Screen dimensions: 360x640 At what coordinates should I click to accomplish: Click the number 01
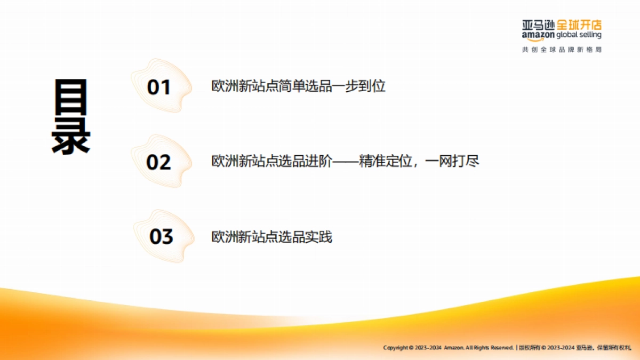(158, 87)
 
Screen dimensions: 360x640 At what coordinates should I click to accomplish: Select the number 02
(158, 162)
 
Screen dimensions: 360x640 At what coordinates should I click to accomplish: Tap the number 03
(161, 236)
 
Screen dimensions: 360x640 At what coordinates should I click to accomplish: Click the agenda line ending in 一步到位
(298, 86)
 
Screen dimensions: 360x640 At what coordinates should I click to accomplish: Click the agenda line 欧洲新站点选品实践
(271, 236)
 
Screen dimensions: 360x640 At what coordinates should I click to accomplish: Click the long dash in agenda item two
(346, 161)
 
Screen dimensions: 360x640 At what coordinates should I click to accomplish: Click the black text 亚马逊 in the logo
(539, 25)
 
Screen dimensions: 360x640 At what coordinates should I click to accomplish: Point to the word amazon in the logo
(538, 35)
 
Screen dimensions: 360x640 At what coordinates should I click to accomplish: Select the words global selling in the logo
(579, 35)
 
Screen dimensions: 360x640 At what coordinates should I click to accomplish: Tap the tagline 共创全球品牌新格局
(562, 50)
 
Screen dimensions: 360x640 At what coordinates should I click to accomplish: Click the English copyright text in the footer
(448, 347)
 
